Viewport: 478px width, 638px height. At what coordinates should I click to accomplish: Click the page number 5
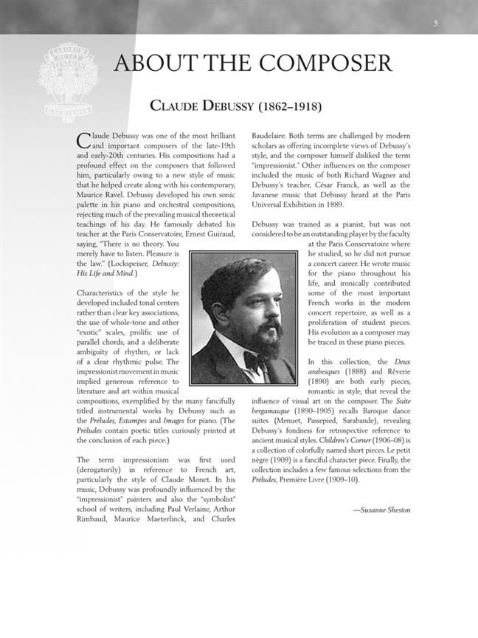pos(436,24)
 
